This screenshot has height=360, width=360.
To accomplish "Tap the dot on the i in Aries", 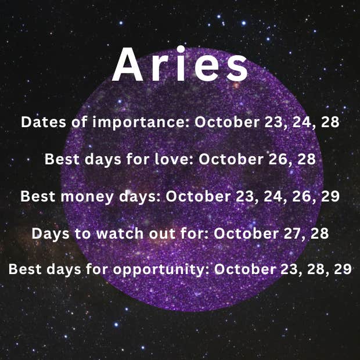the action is (x=181, y=49).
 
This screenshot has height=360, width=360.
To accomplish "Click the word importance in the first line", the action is (x=141, y=122).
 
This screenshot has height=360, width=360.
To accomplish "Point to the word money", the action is (x=87, y=197).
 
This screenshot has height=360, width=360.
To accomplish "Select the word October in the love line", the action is (x=231, y=159).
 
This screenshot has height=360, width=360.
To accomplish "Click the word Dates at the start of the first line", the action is (x=44, y=122).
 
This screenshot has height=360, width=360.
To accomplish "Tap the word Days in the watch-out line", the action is (x=51, y=234).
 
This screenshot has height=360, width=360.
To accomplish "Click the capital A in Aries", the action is (x=128, y=64).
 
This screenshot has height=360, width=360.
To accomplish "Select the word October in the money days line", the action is (x=199, y=197).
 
